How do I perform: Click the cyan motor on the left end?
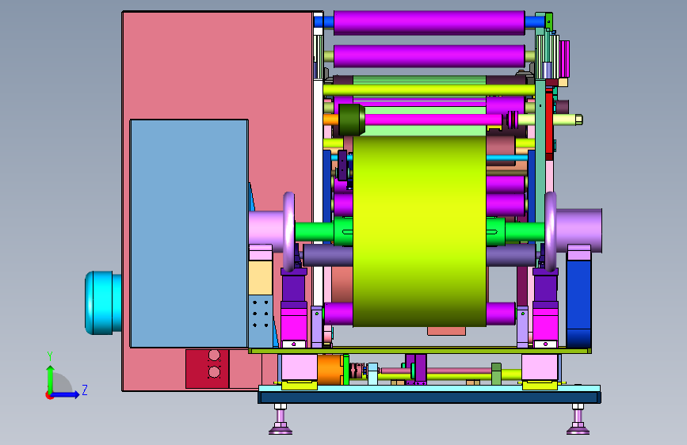click(x=103, y=302)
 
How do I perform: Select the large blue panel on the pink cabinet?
click(x=189, y=234)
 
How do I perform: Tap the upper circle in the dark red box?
click(x=214, y=356)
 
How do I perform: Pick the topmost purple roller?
click(x=429, y=23)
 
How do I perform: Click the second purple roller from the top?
click(x=429, y=56)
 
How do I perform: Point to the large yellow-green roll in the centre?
click(x=419, y=231)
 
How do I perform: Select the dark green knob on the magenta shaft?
click(x=352, y=120)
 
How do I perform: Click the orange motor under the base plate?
click(x=330, y=370)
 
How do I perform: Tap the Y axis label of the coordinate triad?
click(x=50, y=356)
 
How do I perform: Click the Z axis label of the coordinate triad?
click(x=85, y=390)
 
